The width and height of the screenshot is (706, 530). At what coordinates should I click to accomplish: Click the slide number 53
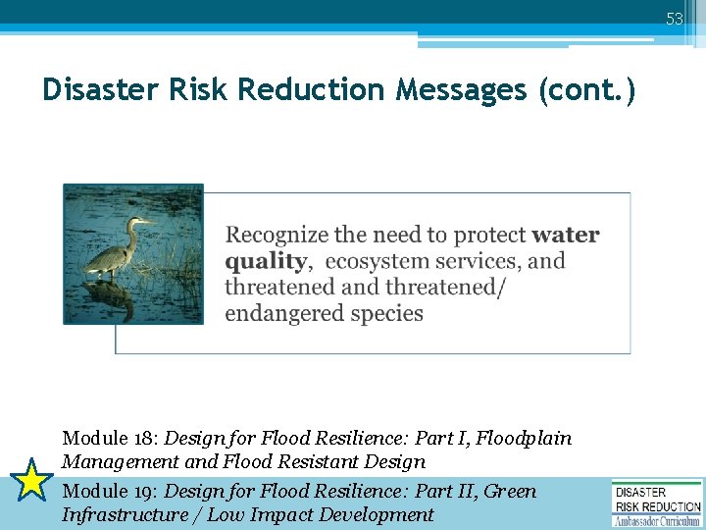tap(675, 19)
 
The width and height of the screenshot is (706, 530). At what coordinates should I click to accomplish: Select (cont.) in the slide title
tap(587, 90)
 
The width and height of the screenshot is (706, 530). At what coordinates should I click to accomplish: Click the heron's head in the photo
tap(136, 223)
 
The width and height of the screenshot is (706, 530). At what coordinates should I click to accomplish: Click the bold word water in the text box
tap(566, 236)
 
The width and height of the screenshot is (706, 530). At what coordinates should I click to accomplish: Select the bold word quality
tap(265, 262)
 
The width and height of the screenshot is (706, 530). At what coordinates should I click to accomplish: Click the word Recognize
tap(277, 236)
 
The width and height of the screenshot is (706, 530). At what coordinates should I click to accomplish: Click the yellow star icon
tap(31, 482)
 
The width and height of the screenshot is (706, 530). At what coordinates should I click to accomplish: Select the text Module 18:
tap(110, 438)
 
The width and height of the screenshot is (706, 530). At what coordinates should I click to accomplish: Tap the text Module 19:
tap(110, 491)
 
